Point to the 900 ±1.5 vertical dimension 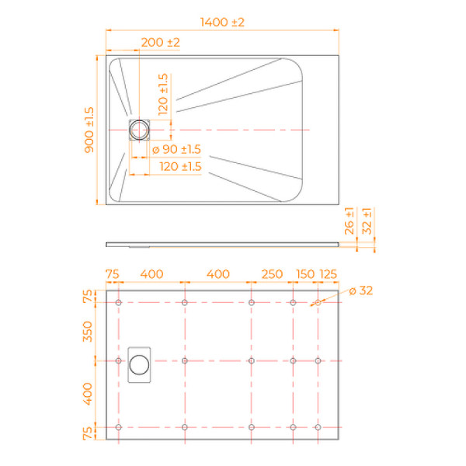(x=90, y=129)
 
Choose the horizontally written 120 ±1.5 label (x=180, y=166)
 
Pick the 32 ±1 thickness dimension (x=367, y=221)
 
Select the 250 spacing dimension (x=272, y=274)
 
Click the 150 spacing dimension (x=305, y=274)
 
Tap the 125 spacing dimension (x=329, y=274)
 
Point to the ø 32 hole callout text (x=361, y=290)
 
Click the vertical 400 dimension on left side (x=88, y=395)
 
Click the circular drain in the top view (x=140, y=129)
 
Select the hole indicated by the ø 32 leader (x=318, y=303)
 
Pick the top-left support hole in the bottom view (x=118, y=303)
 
